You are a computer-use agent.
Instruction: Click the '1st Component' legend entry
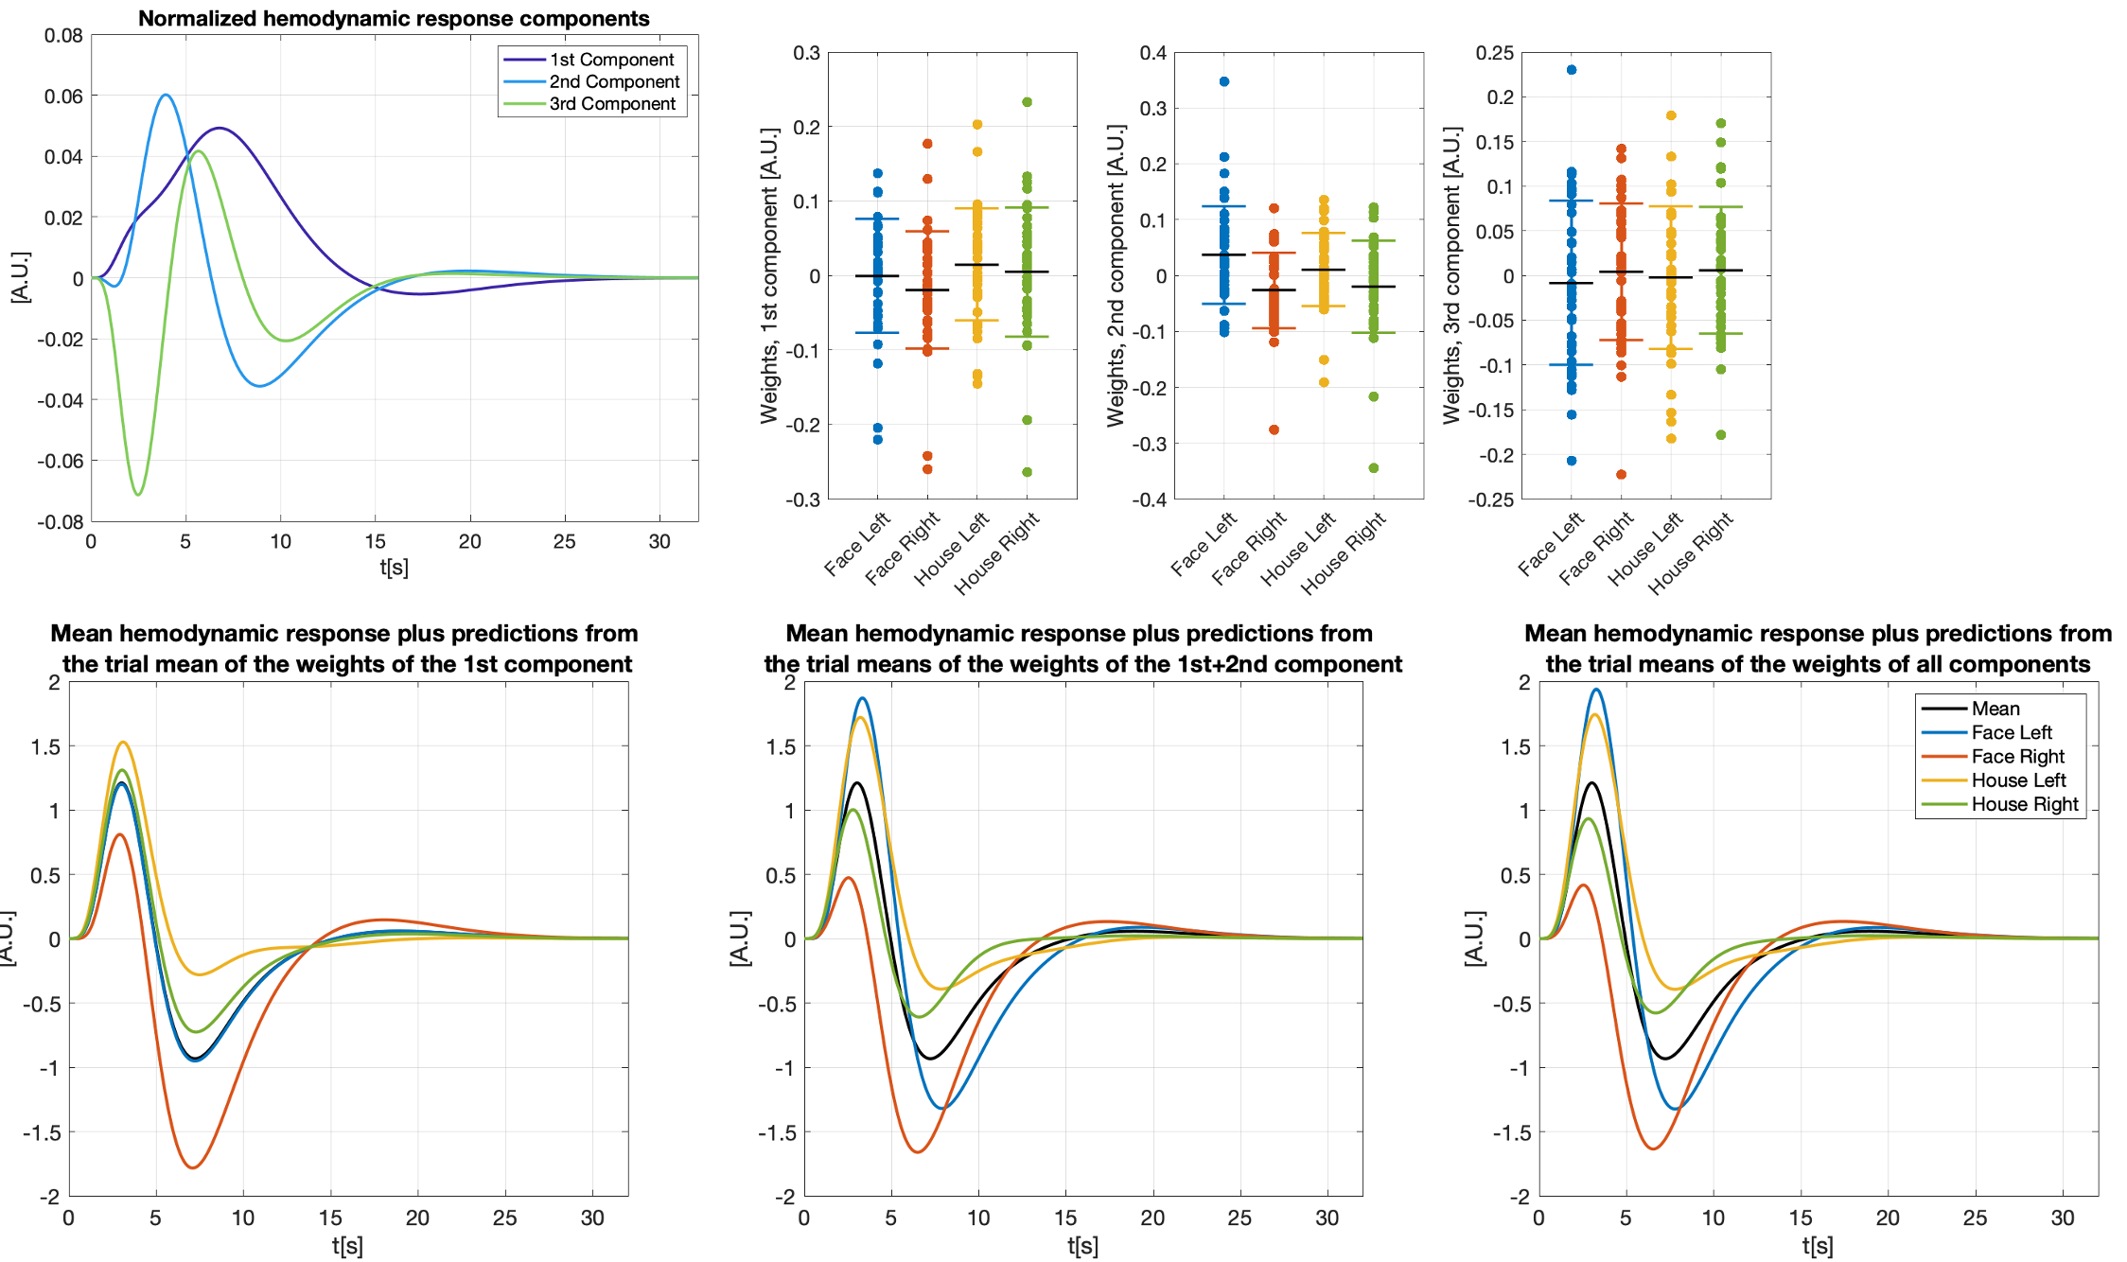[611, 60]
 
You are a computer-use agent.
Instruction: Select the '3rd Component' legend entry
[611, 104]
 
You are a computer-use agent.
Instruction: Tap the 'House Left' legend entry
[2018, 780]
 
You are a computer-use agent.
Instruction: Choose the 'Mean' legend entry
[1995, 709]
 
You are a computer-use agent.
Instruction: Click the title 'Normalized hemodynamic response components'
[394, 18]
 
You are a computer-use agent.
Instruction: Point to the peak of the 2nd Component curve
[166, 95]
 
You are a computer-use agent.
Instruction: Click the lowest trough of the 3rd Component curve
[138, 494]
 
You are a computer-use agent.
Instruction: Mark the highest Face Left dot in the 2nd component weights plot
[1224, 81]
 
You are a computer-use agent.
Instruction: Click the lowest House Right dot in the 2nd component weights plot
[1374, 468]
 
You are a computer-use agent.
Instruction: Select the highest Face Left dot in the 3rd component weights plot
[1572, 70]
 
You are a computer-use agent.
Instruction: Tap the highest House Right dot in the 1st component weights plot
[1027, 102]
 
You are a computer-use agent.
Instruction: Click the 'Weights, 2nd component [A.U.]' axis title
[1116, 275]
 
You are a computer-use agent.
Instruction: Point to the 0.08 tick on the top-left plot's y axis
[63, 36]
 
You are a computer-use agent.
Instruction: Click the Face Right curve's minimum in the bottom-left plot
[193, 1167]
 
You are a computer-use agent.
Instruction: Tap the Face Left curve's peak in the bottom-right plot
[1596, 690]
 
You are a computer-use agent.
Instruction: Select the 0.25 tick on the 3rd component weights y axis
[1495, 53]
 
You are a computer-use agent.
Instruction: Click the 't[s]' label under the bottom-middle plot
[1082, 1246]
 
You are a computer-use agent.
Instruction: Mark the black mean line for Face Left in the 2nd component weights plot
[1224, 254]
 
